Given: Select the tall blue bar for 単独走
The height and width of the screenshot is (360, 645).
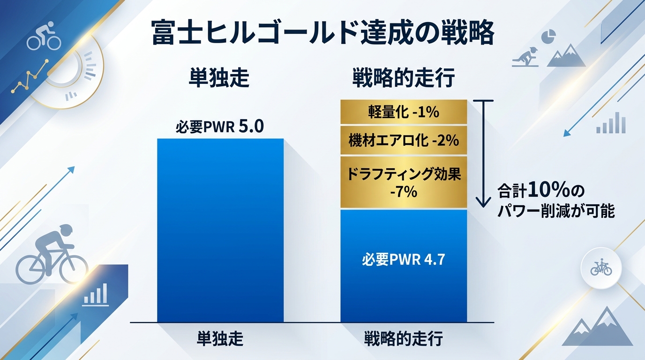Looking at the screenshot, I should (220, 230).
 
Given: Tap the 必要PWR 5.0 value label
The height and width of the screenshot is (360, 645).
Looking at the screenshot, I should (220, 127).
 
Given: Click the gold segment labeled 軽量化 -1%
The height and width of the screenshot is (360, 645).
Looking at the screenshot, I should (404, 112).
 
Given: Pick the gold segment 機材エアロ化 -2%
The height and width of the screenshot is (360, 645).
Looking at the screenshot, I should (404, 140).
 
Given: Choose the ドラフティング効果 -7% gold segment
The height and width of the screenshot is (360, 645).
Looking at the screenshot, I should (404, 182).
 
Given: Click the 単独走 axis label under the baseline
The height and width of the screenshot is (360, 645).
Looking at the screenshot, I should (220, 338).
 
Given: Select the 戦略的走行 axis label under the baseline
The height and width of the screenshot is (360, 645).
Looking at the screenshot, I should (403, 338).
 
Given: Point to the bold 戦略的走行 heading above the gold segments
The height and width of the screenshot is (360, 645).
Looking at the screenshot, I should (403, 79).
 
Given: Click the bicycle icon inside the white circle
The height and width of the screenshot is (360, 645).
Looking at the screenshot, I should (601, 268).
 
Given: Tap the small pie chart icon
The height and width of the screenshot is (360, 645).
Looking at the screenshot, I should (548, 36).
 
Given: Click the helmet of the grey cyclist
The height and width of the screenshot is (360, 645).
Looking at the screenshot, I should (66, 230).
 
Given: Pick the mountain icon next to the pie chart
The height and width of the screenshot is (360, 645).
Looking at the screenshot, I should (566, 56).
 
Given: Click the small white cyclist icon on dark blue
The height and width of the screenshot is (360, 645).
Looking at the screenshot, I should (44, 37).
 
